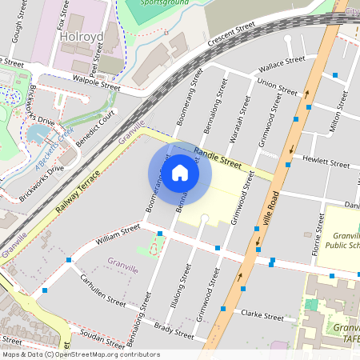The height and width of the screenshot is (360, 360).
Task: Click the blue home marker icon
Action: tap(179, 172)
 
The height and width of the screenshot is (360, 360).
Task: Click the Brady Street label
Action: tap(174, 330)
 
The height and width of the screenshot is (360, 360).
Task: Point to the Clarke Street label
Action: tap(262, 317)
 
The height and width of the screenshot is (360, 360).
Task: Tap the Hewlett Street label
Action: tap(328, 163)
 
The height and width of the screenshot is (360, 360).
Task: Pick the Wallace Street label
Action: tap(285, 59)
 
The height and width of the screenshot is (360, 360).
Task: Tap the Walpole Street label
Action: tap(96, 83)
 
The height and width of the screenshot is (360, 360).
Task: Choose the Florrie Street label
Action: tap(315, 247)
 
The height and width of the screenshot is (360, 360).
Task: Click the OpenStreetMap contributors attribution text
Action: tap(80, 354)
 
